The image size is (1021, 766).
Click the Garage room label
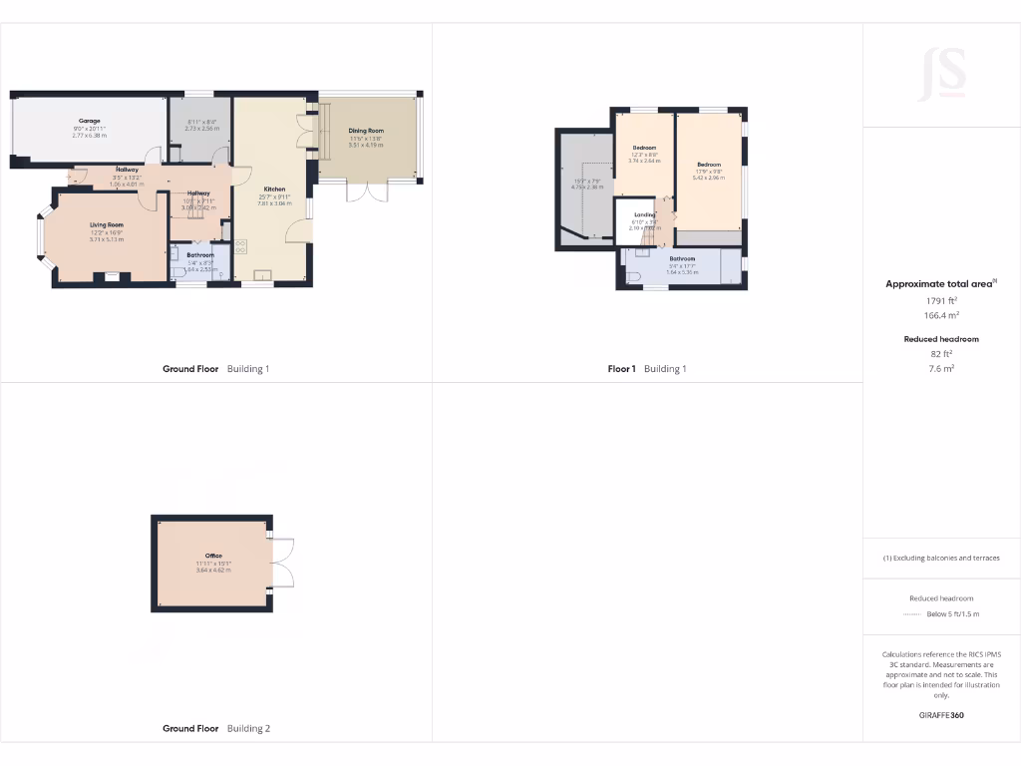click(x=90, y=121)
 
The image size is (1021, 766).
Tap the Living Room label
click(x=107, y=225)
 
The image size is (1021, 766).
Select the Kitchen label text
click(x=274, y=189)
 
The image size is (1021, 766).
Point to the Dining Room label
click(x=366, y=131)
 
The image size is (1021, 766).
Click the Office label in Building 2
click(x=213, y=556)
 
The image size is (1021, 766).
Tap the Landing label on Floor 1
click(x=644, y=214)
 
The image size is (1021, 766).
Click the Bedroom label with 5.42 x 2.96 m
click(x=708, y=165)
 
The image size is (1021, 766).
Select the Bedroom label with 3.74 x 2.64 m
click(x=644, y=148)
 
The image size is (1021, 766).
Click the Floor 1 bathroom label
click(x=682, y=258)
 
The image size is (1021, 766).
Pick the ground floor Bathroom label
click(x=200, y=255)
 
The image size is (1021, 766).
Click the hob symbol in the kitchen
click(x=240, y=246)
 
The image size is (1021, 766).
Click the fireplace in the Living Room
click(x=112, y=277)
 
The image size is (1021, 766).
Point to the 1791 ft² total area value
click(x=941, y=300)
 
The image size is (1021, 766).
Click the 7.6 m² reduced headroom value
click(x=941, y=367)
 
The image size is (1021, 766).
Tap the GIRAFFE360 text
click(x=941, y=715)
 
